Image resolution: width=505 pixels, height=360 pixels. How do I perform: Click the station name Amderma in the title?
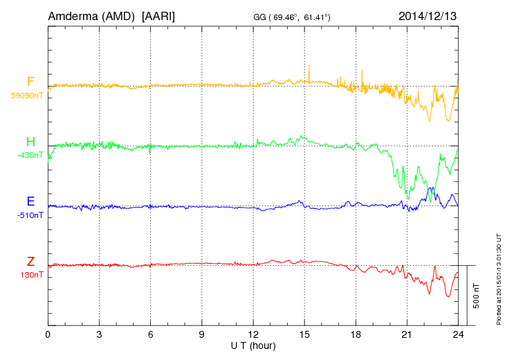[x=75, y=15]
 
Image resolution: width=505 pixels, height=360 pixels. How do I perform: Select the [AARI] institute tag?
[x=158, y=15]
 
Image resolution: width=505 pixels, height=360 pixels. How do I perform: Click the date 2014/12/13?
[x=428, y=15]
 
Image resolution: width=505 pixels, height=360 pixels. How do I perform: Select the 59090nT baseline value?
[x=27, y=96]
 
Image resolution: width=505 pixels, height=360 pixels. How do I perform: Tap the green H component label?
[x=30, y=142]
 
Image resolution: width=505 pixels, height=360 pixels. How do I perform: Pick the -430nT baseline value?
[x=30, y=155]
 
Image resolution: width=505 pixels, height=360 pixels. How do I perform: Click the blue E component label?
[x=30, y=202]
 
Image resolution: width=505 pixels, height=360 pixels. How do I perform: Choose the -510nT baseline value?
[x=30, y=215]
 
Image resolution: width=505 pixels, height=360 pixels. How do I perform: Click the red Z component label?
[x=30, y=262]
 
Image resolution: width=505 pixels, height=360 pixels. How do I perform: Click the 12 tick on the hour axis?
[x=253, y=334]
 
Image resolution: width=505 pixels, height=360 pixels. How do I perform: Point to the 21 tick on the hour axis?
[x=407, y=334]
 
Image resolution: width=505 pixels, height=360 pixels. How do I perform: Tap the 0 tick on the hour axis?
[x=48, y=334]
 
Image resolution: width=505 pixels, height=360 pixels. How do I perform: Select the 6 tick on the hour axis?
[x=150, y=334]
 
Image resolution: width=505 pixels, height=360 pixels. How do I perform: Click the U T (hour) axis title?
[x=253, y=344]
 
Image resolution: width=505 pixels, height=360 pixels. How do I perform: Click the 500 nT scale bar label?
[x=476, y=296]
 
